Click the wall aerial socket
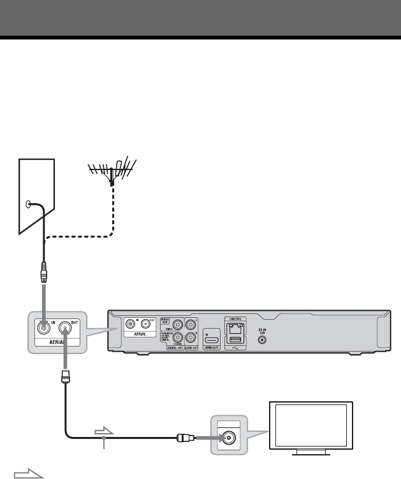tap(27, 204)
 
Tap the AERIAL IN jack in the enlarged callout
tap(43, 328)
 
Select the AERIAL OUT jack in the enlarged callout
tap(66, 328)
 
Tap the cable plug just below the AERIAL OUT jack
tap(65, 376)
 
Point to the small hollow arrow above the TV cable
tap(103, 431)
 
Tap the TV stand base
tap(312, 453)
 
